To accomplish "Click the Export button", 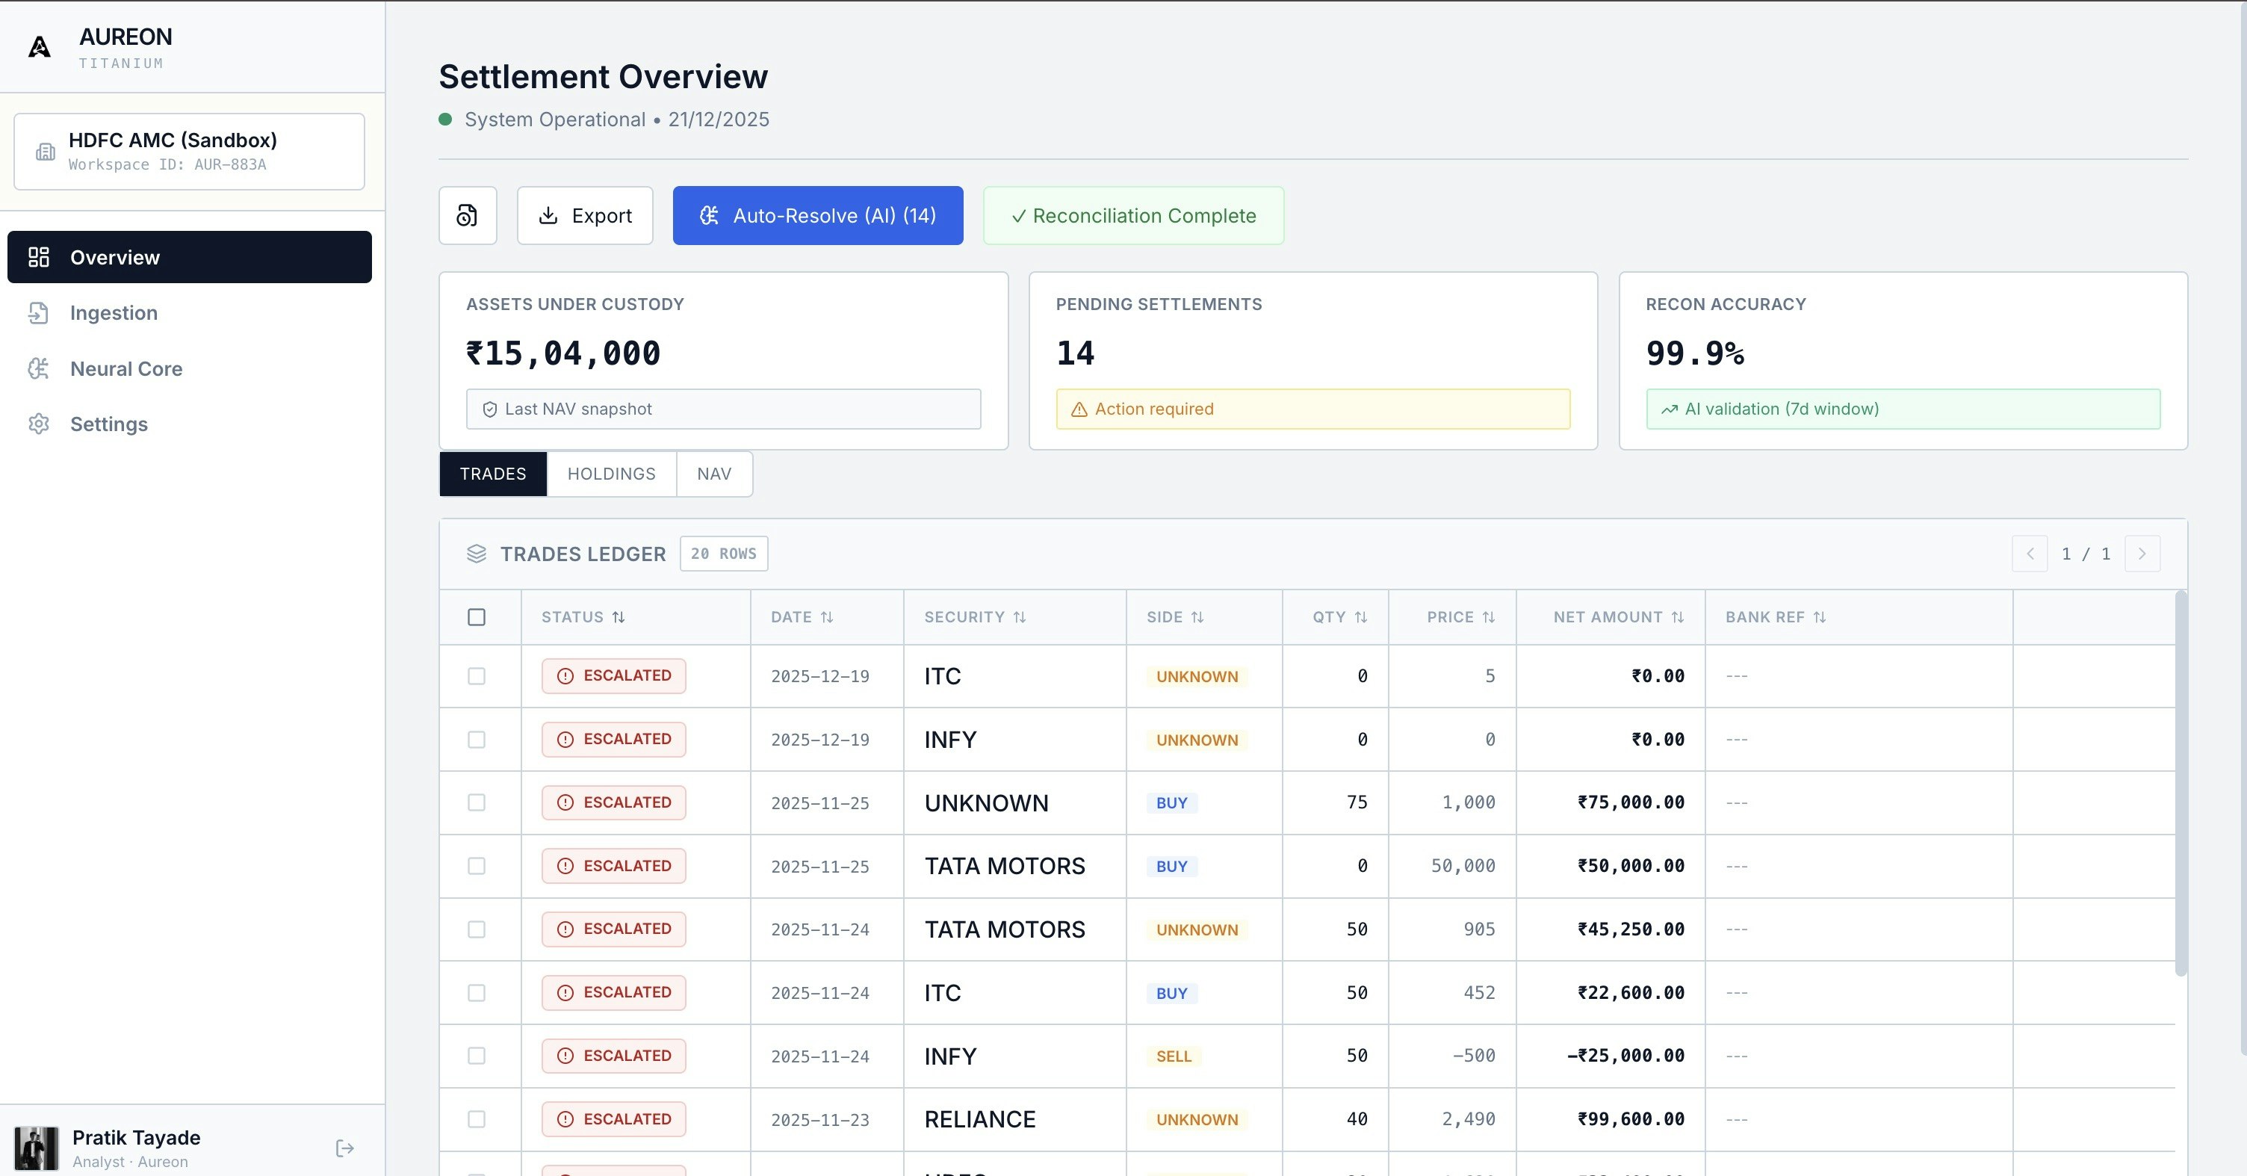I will coord(584,215).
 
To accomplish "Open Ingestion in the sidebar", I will coord(114,313).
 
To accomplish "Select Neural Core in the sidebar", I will coord(125,369).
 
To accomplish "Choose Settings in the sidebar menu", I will coord(108,424).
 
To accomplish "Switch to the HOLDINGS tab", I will coord(610,474).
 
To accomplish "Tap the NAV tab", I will coord(713,474).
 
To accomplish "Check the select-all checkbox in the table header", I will coord(477,618).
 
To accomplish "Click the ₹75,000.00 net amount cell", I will coord(1630,802).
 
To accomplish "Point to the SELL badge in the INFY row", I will coord(1174,1056).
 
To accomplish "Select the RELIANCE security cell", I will coord(979,1119).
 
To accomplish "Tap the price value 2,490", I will coord(1468,1119).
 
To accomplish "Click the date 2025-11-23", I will coord(820,1120).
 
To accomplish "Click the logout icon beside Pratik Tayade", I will coord(344,1148).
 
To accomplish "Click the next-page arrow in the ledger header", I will coord(2142,554).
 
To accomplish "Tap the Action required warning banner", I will coord(1312,409).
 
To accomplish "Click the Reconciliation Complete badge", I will coord(1133,215).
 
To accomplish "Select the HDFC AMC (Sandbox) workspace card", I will coord(189,151).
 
